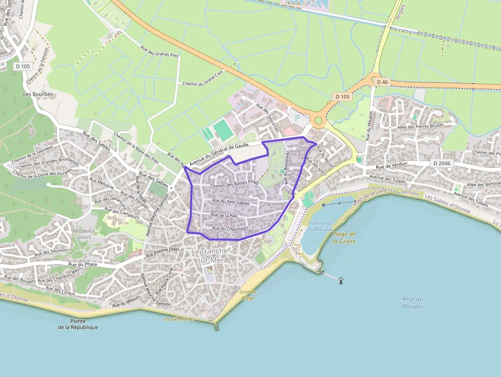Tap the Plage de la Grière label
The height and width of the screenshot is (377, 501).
pos(344,237)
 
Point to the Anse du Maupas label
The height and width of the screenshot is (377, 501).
pos(413,302)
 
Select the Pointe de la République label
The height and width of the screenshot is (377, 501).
pos(78,324)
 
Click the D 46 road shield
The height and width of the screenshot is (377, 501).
pos(382,82)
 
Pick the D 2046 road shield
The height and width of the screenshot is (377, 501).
pos(442,163)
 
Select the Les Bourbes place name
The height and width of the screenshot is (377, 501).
pos(38,94)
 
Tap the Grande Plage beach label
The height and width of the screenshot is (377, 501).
pos(247,295)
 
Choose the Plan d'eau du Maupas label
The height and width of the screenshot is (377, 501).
pos(321,226)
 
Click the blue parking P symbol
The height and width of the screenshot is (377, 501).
pos(298,118)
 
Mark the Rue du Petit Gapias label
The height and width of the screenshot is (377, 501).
pos(231,202)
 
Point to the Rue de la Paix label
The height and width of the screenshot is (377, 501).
pos(224,215)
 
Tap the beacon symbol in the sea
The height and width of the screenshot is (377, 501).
pos(341,280)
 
